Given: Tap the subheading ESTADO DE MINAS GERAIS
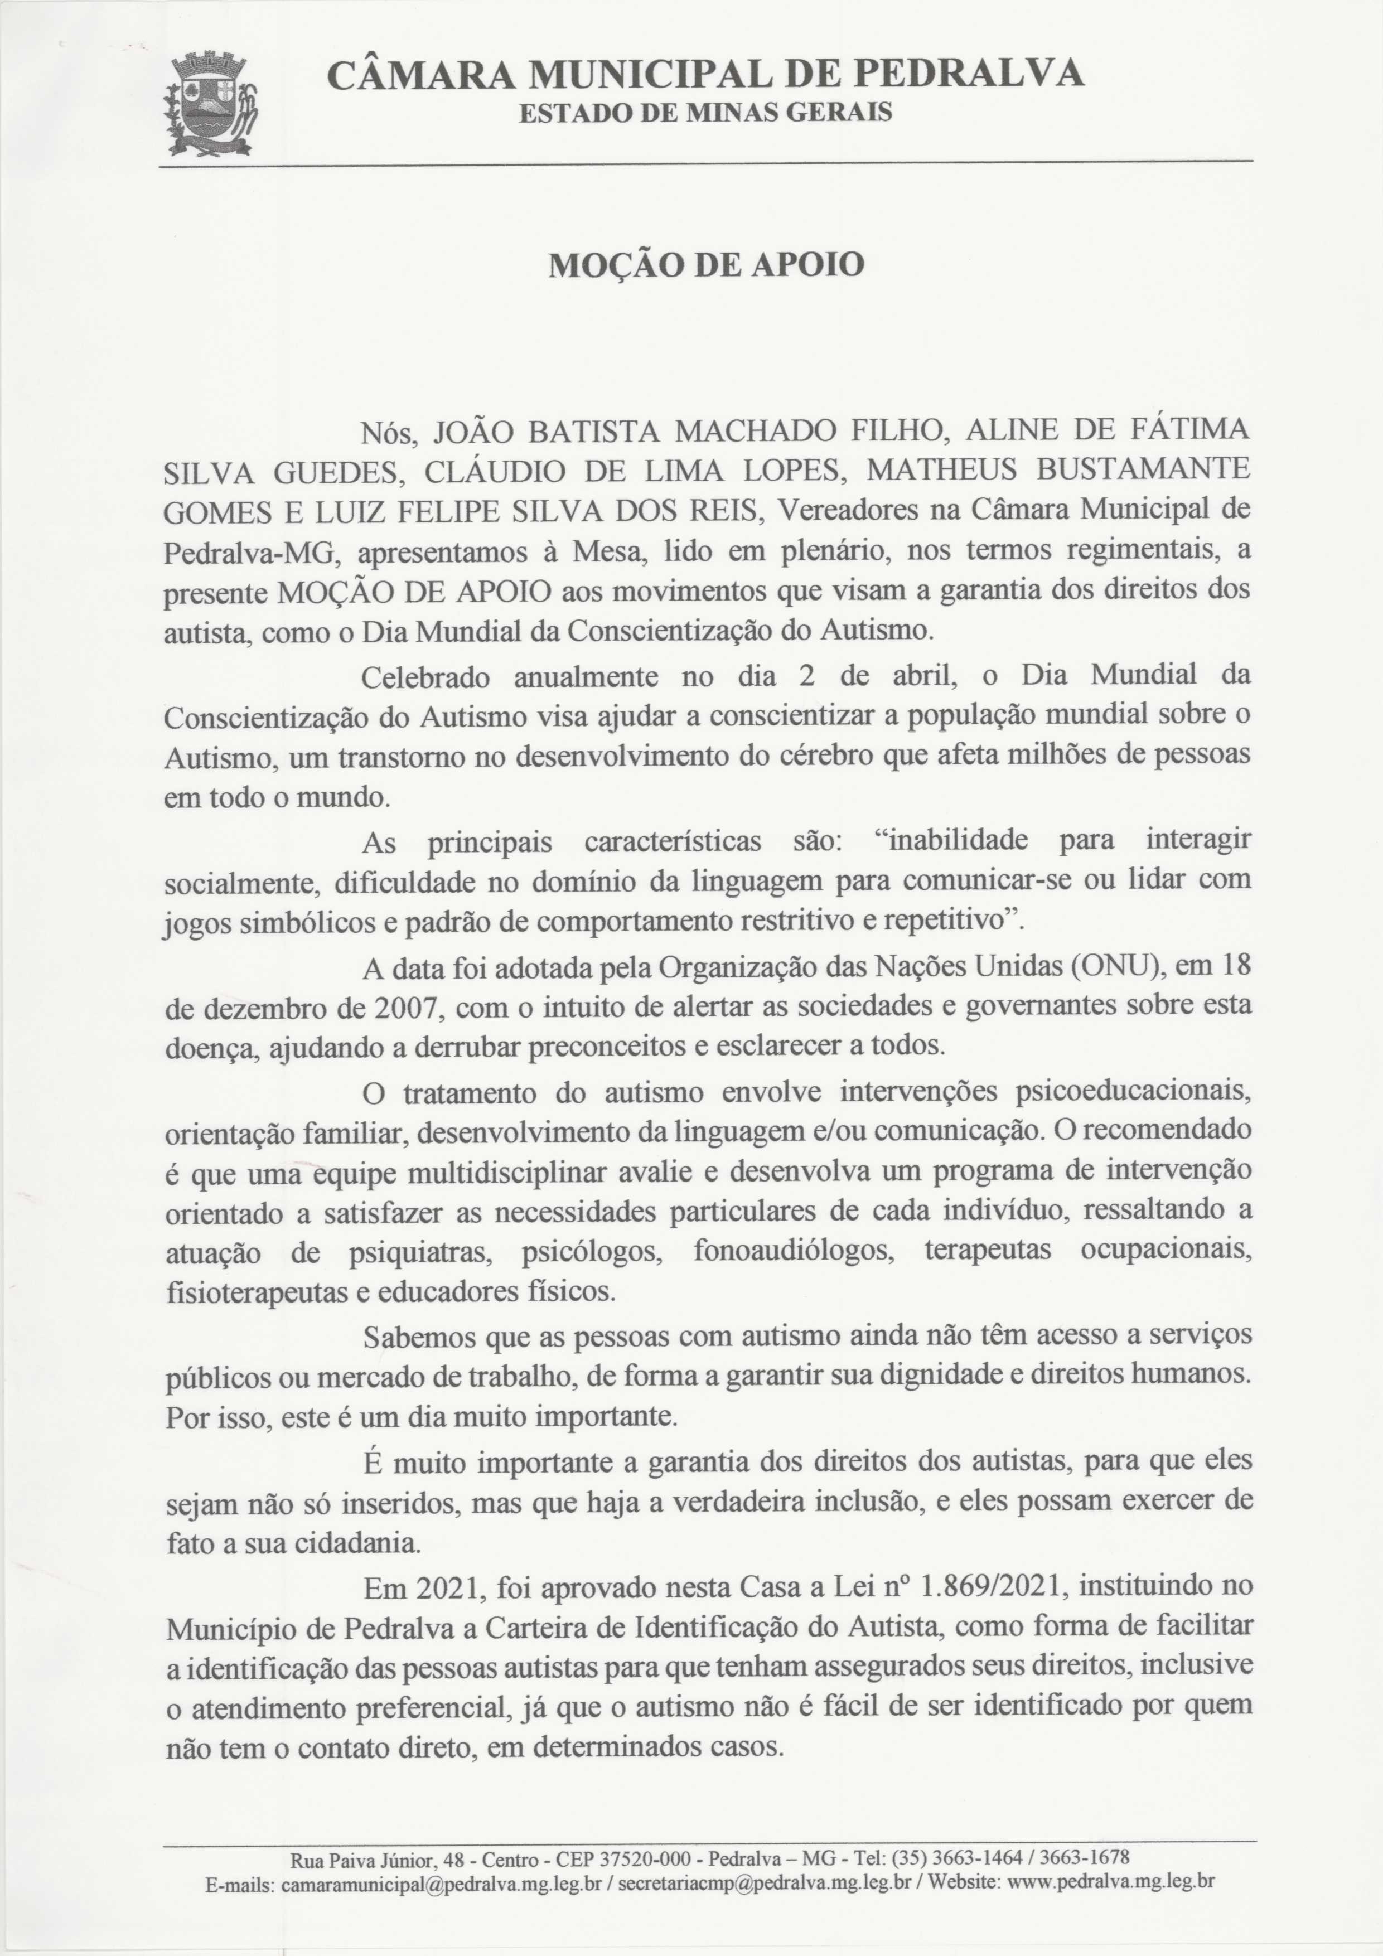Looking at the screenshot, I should (x=705, y=113).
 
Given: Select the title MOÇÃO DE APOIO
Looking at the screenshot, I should (x=705, y=265).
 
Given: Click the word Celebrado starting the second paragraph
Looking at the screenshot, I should (x=426, y=678).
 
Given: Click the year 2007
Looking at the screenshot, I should (x=405, y=1008).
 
